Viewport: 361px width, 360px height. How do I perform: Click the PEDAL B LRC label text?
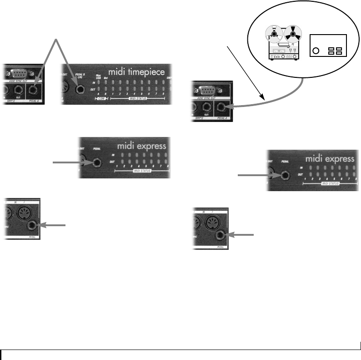(81, 73)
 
